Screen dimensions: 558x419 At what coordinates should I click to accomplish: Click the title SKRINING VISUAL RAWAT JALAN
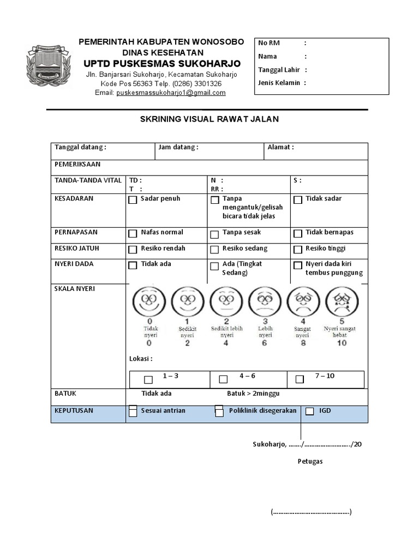pos(209,119)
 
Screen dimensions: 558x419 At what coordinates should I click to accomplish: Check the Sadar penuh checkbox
pos(133,200)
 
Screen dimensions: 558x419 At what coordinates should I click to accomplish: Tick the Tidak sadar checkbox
pos(298,200)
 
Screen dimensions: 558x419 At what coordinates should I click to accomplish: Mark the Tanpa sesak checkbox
pos(216,234)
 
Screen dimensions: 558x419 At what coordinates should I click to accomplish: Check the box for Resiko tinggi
pos(298,250)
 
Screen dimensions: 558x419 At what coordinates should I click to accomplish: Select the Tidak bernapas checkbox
pos(298,234)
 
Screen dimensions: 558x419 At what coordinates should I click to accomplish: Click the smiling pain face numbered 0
pos(149,301)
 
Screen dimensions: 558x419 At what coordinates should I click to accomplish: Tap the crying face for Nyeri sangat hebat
pos(342,301)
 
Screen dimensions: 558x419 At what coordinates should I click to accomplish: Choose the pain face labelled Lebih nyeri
pos(265,301)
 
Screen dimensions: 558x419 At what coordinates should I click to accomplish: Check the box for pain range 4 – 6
pos(223,379)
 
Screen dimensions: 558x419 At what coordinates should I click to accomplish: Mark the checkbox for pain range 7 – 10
pos(300,379)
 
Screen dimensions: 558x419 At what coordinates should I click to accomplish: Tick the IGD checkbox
pos(310,411)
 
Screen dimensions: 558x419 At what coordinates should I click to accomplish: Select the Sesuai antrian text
pos(163,410)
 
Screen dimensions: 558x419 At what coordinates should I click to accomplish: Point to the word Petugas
pos(310,462)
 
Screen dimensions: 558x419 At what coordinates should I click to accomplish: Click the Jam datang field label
pos(178,147)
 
